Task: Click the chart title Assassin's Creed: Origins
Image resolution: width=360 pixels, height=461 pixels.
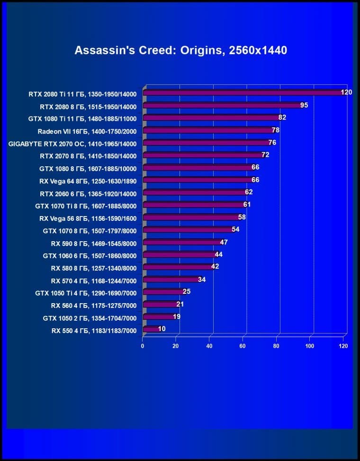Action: tap(180, 50)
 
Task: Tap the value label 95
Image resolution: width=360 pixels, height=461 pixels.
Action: tap(304, 105)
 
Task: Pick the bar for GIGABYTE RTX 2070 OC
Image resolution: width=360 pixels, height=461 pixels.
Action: tap(206, 142)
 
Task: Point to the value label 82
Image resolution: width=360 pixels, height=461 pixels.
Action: tap(282, 117)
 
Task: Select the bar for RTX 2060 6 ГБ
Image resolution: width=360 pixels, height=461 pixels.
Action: tap(194, 192)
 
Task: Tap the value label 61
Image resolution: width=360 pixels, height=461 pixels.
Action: tap(247, 204)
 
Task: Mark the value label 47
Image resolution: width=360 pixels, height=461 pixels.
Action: tap(224, 242)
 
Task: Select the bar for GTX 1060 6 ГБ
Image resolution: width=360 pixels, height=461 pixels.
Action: tap(179, 254)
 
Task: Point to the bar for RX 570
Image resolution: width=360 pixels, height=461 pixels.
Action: tap(171, 280)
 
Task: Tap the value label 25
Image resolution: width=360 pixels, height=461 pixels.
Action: tap(187, 291)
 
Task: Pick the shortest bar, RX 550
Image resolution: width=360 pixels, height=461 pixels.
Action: tap(151, 329)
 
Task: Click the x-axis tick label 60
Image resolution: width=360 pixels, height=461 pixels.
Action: tap(243, 346)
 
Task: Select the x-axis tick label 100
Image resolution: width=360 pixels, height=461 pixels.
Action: tap(310, 346)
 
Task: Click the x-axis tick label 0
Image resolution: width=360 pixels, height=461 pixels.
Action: tap(143, 346)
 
